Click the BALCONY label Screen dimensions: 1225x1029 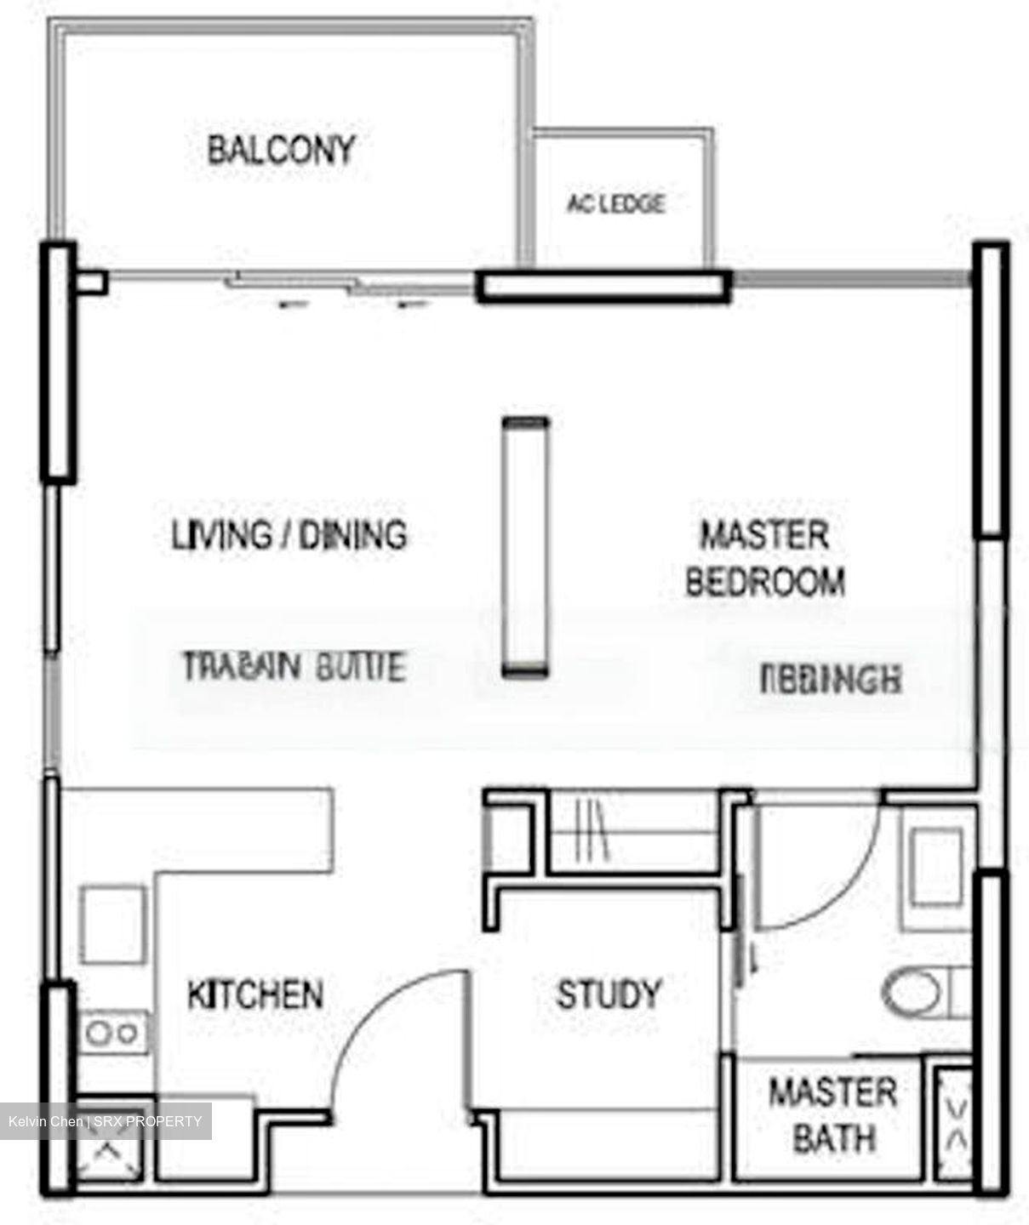(281, 151)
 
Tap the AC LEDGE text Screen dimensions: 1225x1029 (615, 204)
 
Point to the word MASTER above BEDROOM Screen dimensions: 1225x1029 (763, 536)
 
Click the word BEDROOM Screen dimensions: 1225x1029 (765, 583)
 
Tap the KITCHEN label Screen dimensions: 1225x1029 (255, 994)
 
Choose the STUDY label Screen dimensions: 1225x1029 (609, 994)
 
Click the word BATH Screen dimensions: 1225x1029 (834, 1138)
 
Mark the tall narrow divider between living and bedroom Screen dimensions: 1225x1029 (525, 547)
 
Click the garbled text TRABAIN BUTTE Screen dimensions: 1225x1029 (294, 666)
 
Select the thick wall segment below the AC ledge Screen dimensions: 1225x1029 (603, 287)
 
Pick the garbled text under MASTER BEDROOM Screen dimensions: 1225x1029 (830, 681)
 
